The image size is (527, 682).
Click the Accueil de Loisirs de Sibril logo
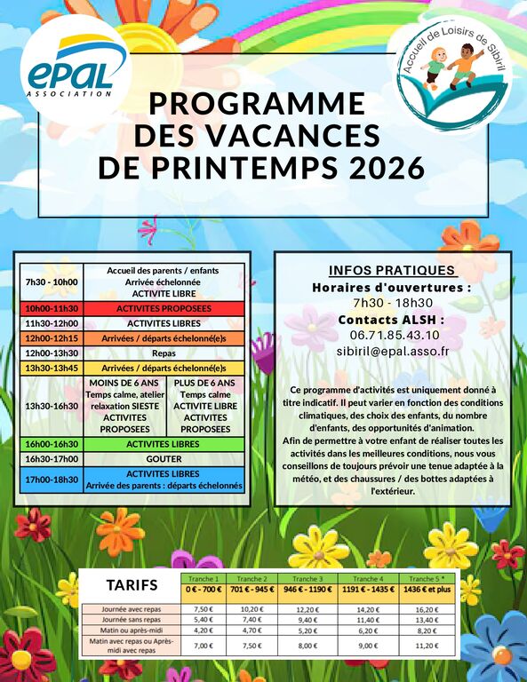pyautogui.click(x=452, y=76)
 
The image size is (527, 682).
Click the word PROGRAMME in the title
pyautogui.click(x=263, y=104)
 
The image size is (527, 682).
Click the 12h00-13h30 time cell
pyautogui.click(x=52, y=353)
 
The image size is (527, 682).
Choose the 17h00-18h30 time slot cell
pyautogui.click(x=52, y=480)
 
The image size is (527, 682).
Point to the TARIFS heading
pyautogui.click(x=132, y=585)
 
